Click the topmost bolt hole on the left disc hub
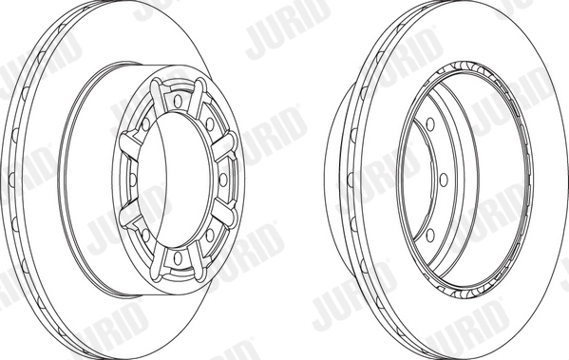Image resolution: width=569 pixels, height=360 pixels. [179, 98]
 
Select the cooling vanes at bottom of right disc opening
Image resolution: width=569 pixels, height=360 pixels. [456, 286]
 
